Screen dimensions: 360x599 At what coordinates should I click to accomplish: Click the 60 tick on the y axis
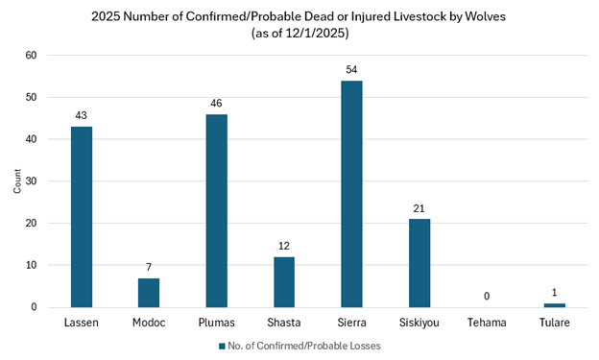31,55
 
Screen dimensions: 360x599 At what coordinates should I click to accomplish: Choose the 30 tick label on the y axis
31,181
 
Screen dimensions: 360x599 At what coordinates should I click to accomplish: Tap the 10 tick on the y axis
31,265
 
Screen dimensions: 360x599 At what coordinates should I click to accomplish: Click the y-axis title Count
15,181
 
